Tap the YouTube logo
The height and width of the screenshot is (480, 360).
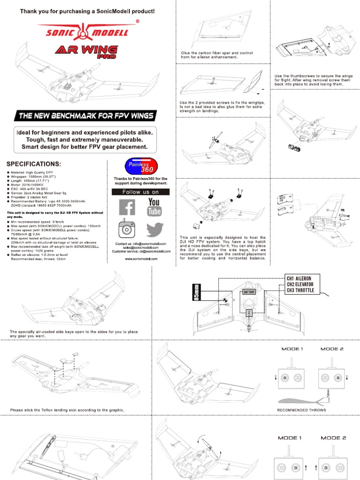pos(154,208)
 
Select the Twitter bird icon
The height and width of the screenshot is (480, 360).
pos(154,230)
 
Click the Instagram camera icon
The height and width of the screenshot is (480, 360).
pos(126,228)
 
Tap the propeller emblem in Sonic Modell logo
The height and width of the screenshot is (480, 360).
pos(87,32)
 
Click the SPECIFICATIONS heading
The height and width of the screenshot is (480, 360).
pos(33,164)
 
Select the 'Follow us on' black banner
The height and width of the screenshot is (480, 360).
pos(140,192)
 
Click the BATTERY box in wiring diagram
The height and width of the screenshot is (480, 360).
pos(248,292)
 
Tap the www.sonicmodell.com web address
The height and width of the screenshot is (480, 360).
pos(141,258)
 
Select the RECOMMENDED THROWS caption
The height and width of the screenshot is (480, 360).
pos(301,410)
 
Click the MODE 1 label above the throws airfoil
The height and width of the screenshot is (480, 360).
pos(292,349)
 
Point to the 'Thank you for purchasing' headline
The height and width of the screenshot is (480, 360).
pos(87,11)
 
